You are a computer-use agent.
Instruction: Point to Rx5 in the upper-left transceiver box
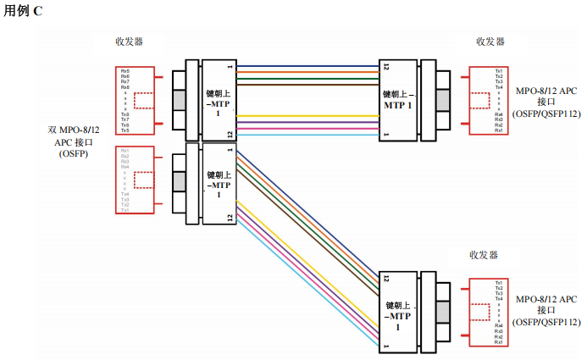(x=125, y=70)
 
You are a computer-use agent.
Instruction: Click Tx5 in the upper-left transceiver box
(x=125, y=130)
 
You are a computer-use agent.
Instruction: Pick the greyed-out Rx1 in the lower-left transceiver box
(x=125, y=151)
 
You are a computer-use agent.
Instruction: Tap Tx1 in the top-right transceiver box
(x=499, y=69)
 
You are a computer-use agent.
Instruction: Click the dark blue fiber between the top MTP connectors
(x=309, y=65)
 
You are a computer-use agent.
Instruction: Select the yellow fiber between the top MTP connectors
(x=309, y=115)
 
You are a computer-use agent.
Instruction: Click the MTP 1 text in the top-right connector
(x=397, y=100)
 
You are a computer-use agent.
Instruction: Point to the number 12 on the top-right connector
(x=385, y=66)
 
